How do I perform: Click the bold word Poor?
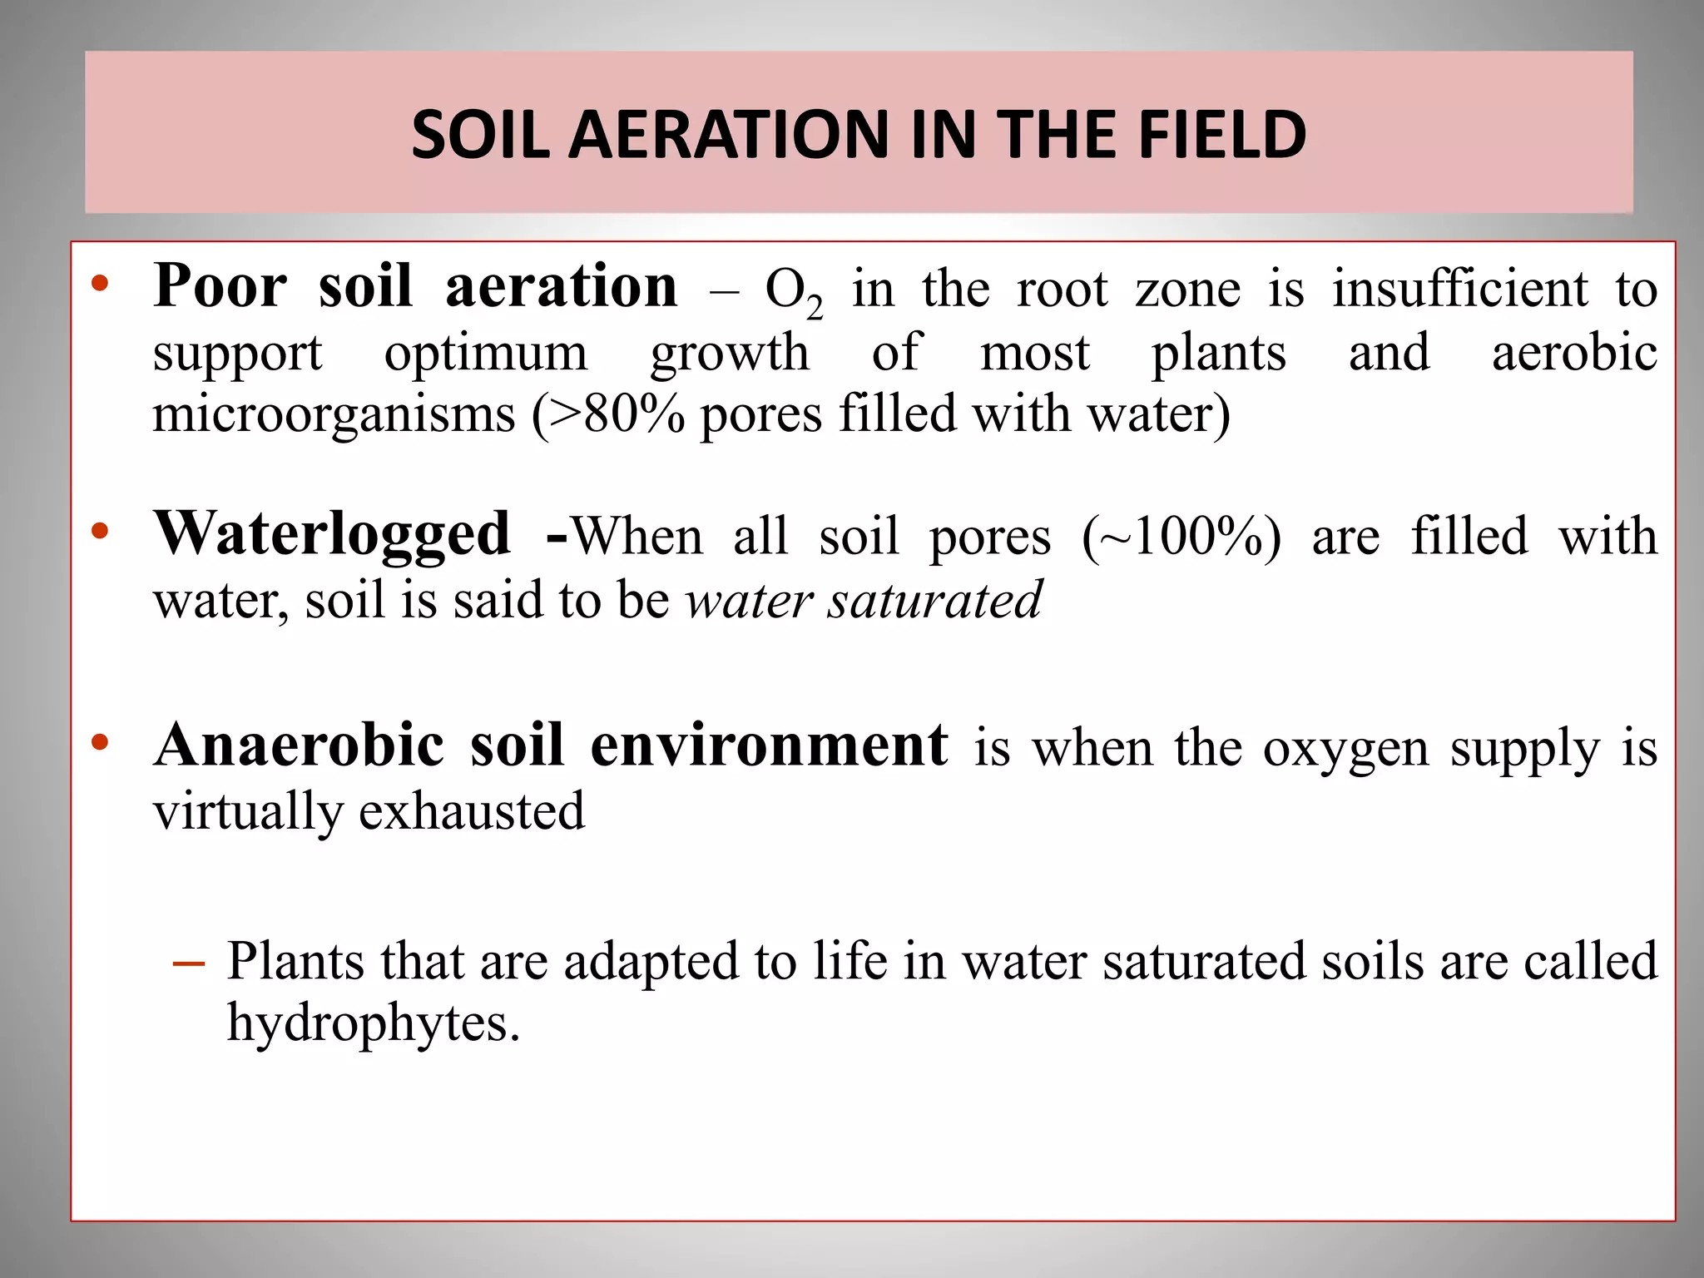click(x=220, y=286)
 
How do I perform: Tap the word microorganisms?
click(x=334, y=414)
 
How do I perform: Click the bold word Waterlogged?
click(x=332, y=535)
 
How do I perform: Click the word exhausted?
click(x=472, y=810)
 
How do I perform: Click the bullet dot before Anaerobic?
click(x=101, y=742)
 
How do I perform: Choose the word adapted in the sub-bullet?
click(x=651, y=962)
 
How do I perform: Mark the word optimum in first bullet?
click(x=486, y=353)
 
